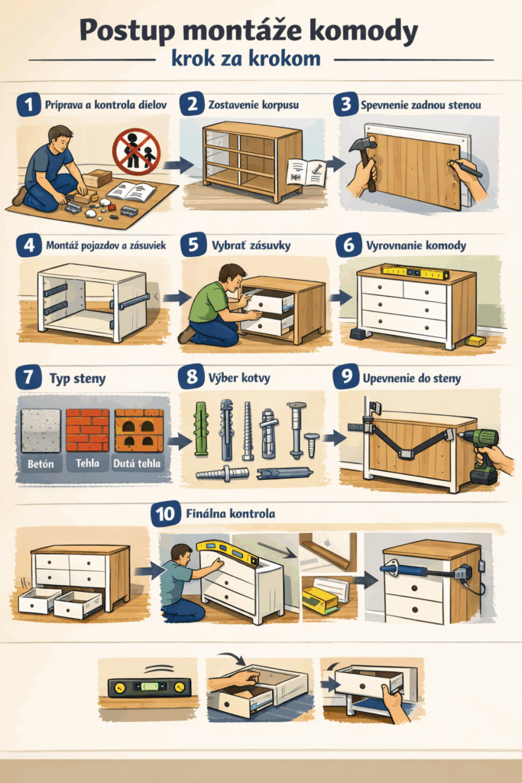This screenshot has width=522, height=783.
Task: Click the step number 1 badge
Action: (28, 105)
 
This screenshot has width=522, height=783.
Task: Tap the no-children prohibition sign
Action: (136, 151)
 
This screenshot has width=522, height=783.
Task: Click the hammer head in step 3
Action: (360, 145)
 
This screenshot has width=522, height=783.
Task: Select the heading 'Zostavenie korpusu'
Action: (254, 105)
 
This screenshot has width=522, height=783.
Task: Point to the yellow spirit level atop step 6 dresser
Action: (415, 271)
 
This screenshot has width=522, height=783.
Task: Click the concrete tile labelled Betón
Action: (41, 430)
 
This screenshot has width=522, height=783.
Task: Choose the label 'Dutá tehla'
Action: (137, 463)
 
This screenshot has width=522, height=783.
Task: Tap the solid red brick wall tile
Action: (87, 430)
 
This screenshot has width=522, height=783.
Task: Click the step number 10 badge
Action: (165, 514)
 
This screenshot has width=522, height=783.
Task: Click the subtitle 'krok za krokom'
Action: (246, 58)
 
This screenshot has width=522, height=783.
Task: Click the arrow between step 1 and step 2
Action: (178, 165)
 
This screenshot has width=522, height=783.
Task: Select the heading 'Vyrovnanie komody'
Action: (417, 245)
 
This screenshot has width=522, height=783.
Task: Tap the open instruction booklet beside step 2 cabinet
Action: (306, 172)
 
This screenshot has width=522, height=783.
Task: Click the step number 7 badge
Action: (28, 377)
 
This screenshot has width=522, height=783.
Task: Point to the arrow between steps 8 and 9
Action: (334, 438)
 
